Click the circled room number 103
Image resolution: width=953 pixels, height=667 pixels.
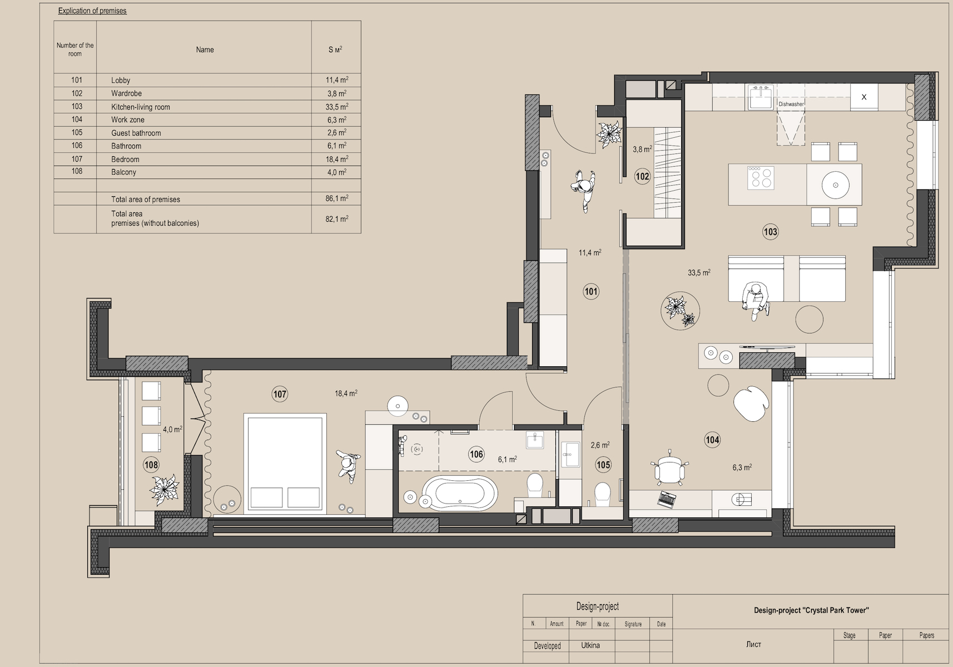pyautogui.click(x=770, y=232)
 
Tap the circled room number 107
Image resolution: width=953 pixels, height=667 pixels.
pyautogui.click(x=280, y=394)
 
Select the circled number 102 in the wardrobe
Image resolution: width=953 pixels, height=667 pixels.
pyautogui.click(x=642, y=176)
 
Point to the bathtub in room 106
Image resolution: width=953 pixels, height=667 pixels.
pyautogui.click(x=459, y=494)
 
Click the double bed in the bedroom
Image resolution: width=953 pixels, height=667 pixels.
pyautogui.click(x=285, y=462)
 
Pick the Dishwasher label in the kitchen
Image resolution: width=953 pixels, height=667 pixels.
pyautogui.click(x=791, y=104)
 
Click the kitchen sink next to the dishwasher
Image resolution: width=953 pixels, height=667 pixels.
pyautogui.click(x=761, y=97)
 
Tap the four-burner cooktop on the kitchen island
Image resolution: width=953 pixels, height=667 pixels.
pyautogui.click(x=761, y=178)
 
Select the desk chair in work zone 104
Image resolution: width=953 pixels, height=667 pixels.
pyautogui.click(x=669, y=468)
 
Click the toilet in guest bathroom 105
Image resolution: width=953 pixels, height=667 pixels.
pyautogui.click(x=602, y=494)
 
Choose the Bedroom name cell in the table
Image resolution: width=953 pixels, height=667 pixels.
pyautogui.click(x=125, y=159)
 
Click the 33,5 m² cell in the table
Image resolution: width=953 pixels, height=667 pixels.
pyautogui.click(x=336, y=106)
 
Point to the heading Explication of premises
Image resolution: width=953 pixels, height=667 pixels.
pyautogui.click(x=92, y=11)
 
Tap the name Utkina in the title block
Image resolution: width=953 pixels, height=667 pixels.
pyautogui.click(x=590, y=645)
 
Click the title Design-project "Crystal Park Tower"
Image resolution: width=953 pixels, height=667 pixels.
pyautogui.click(x=811, y=610)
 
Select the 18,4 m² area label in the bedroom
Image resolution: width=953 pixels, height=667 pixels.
pyautogui.click(x=346, y=393)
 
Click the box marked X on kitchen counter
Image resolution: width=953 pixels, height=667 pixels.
pyautogui.click(x=863, y=97)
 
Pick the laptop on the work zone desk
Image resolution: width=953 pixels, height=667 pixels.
pyautogui.click(x=667, y=499)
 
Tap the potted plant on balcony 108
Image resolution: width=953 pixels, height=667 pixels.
pyautogui.click(x=164, y=490)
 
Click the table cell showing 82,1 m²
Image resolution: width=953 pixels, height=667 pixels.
pyautogui.click(x=336, y=219)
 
